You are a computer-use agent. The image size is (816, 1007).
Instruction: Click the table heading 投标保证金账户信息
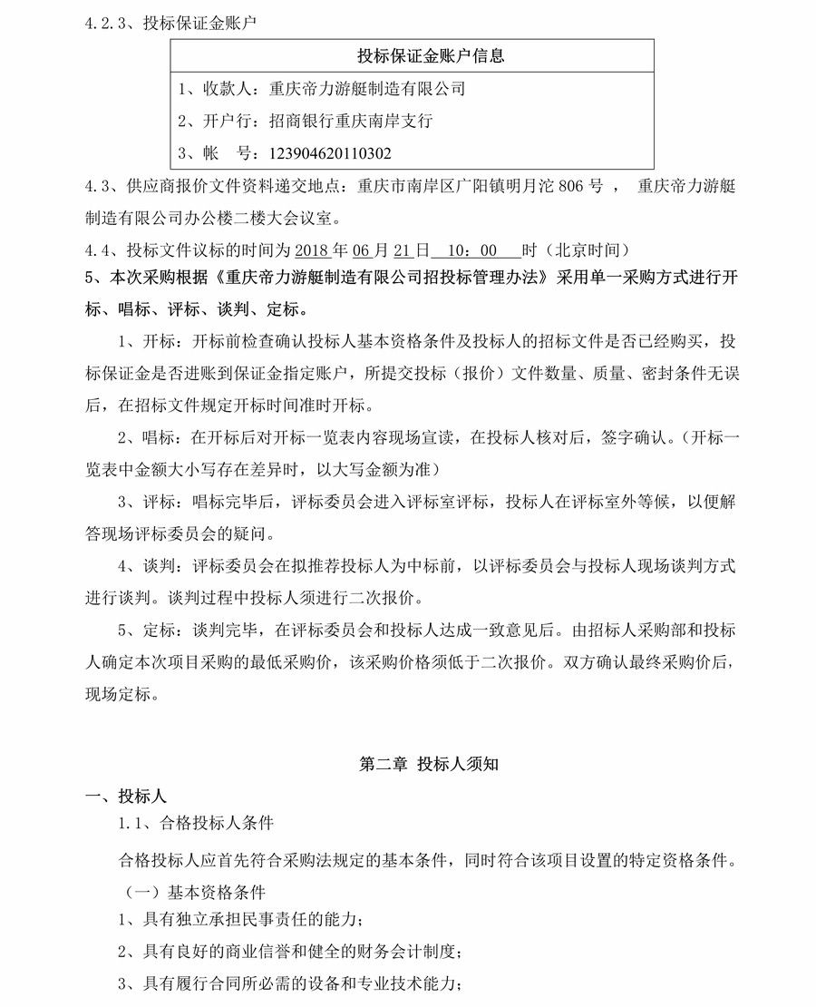[x=431, y=56]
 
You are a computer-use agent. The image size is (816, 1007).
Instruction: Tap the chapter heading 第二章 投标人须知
[x=429, y=764]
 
